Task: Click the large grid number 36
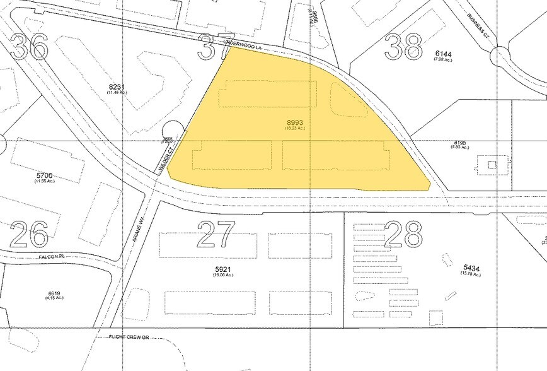(29, 46)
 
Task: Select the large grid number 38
(403, 47)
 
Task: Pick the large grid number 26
(30, 235)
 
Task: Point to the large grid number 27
(216, 235)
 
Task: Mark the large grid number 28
(403, 235)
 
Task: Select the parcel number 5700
(43, 175)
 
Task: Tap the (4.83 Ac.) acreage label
(460, 148)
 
